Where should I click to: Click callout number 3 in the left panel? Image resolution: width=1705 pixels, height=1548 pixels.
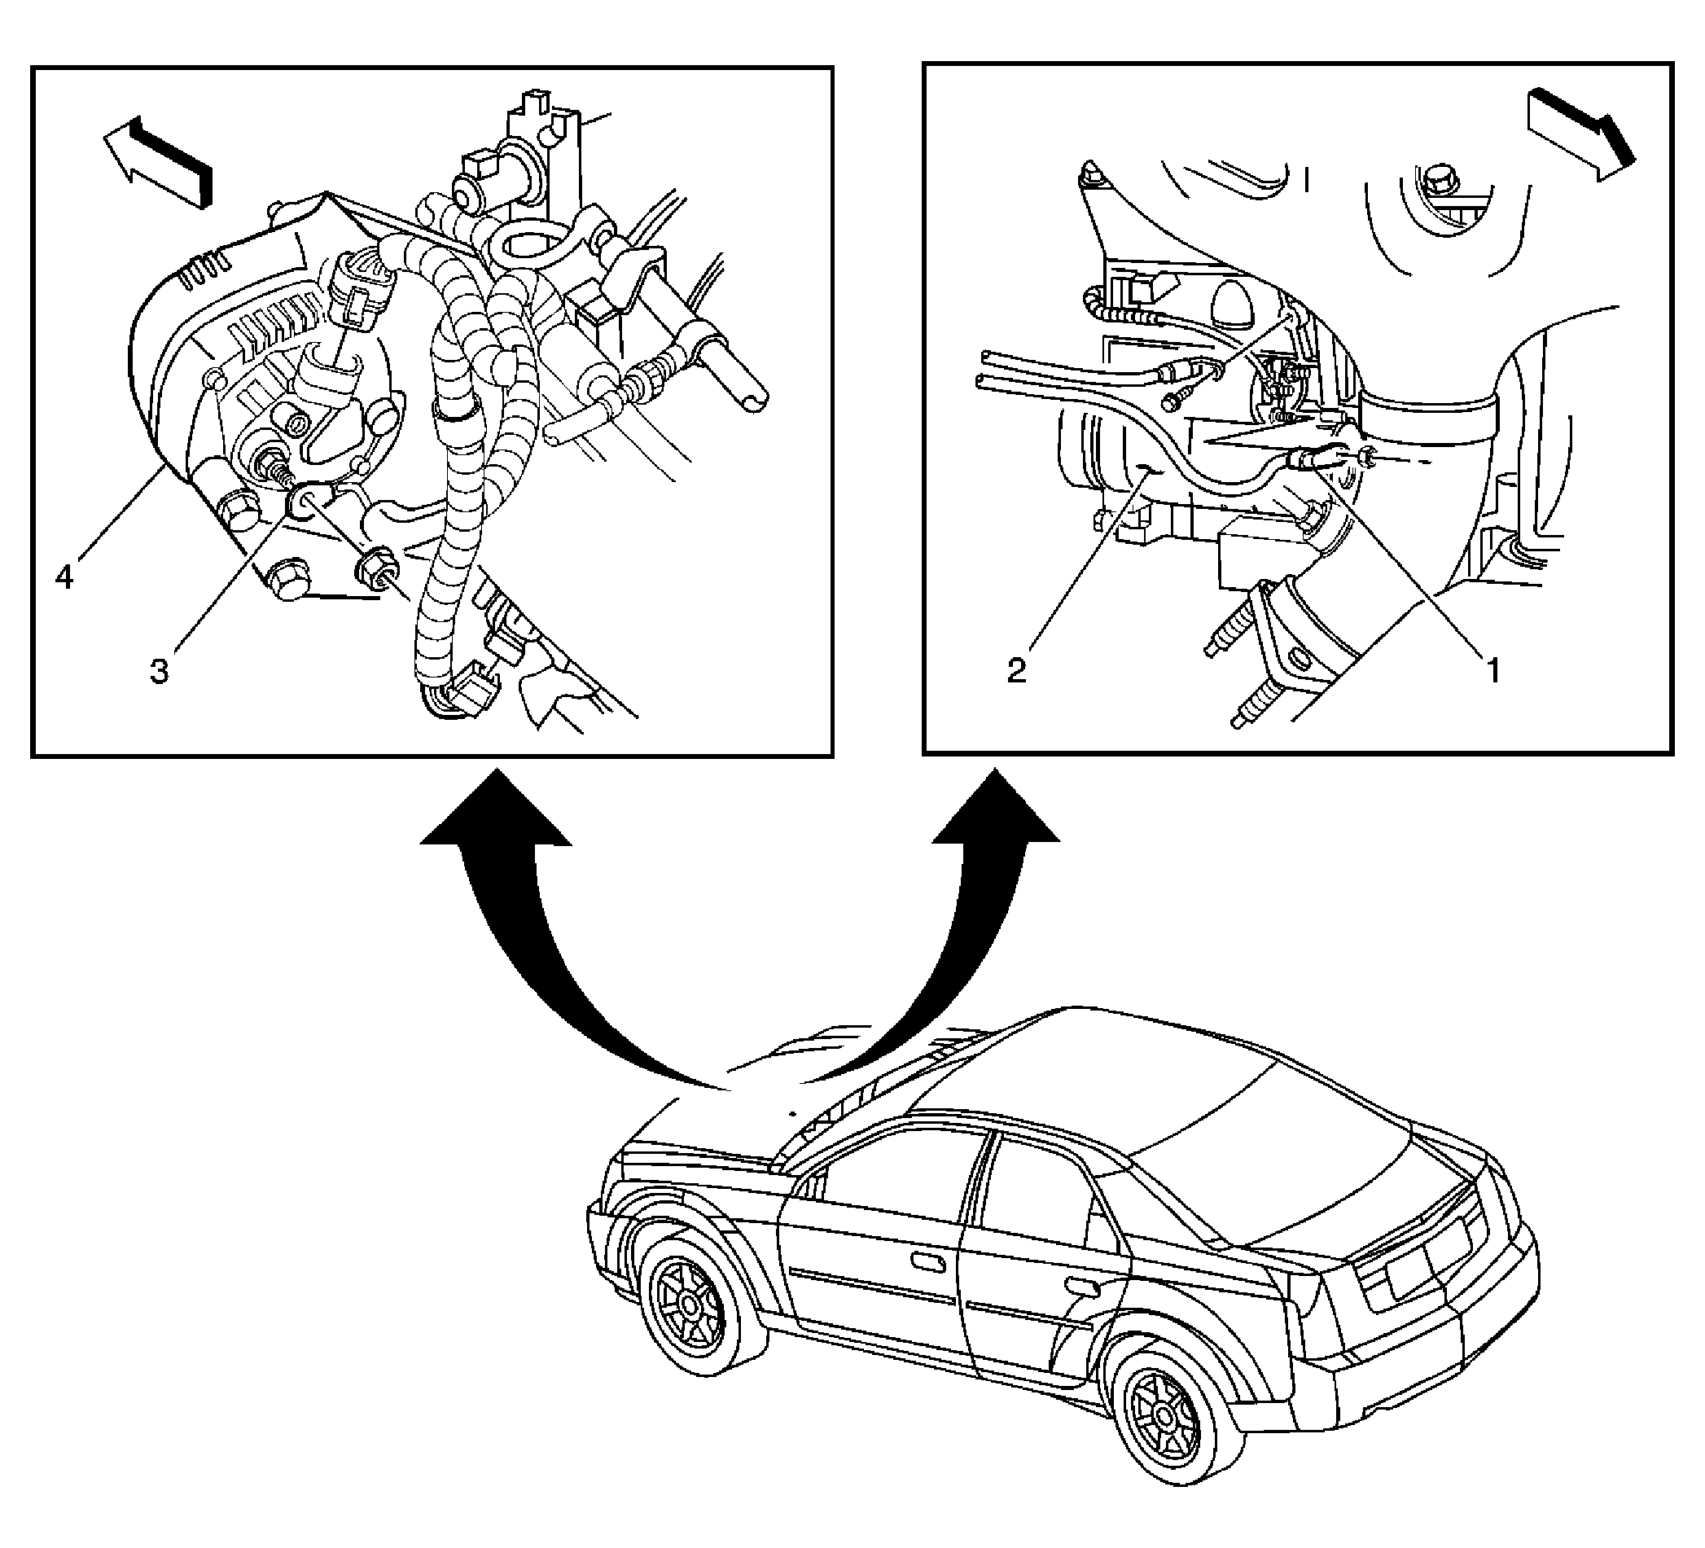coord(159,672)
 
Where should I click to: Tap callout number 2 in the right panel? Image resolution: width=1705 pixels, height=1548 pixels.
coord(1017,671)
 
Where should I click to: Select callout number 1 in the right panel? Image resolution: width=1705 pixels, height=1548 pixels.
coord(1492,672)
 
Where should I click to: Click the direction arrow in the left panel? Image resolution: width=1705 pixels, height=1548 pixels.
coord(157,160)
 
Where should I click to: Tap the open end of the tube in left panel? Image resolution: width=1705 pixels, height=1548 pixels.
coord(752,397)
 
